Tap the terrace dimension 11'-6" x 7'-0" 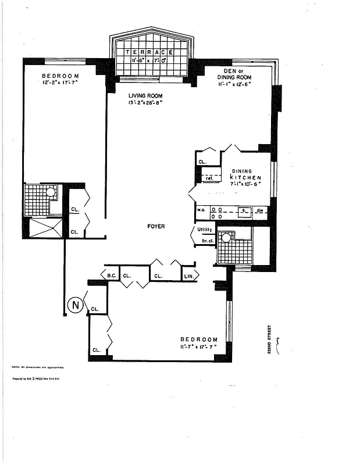[x=151, y=60]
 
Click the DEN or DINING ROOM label [x=235, y=73]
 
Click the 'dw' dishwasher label [x=261, y=210]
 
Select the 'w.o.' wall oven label [x=201, y=210]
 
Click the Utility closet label [x=205, y=230]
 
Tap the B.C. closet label [x=111, y=276]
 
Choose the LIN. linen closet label [x=189, y=276]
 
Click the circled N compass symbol [x=74, y=304]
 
